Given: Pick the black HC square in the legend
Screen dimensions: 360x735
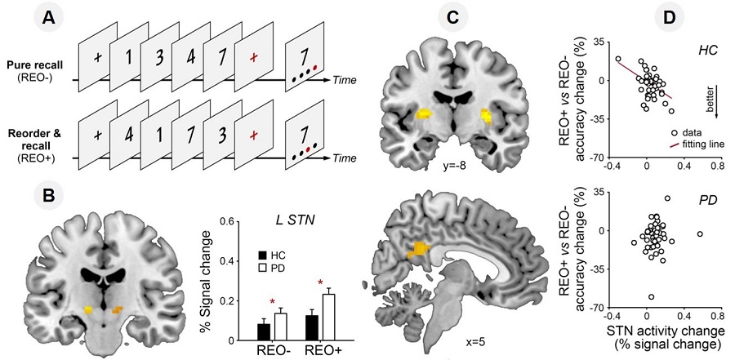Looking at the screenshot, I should click(x=262, y=255).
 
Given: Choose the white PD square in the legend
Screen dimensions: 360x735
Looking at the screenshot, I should click(x=262, y=268).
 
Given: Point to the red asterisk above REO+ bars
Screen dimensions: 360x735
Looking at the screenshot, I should click(x=321, y=283).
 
